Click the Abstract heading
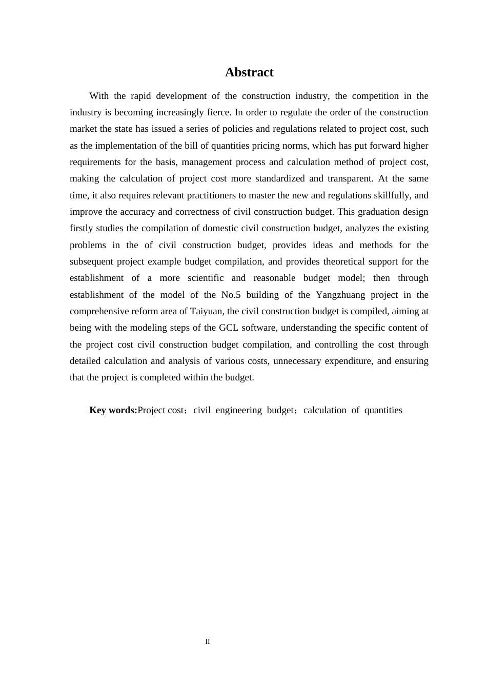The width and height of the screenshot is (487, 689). point(249,72)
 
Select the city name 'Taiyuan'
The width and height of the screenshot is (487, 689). point(206,311)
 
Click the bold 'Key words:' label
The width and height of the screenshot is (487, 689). point(113,410)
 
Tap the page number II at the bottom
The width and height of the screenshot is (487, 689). point(208,641)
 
